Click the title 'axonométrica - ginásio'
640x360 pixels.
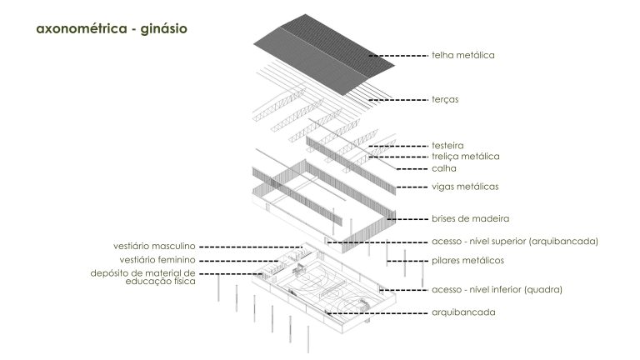click(x=112, y=29)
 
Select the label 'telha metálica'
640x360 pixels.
click(x=462, y=55)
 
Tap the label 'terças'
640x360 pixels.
click(x=445, y=100)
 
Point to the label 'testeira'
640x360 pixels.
click(x=447, y=145)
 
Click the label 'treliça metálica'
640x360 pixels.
click(x=465, y=157)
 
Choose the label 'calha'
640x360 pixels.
click(x=444, y=168)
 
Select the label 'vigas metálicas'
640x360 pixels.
click(x=465, y=187)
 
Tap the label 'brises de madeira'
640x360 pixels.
click(x=470, y=218)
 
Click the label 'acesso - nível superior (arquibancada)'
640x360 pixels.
click(x=515, y=241)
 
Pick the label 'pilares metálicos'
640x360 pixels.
click(x=467, y=260)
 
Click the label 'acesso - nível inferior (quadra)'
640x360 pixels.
click(x=497, y=289)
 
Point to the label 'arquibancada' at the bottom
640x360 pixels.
click(x=463, y=312)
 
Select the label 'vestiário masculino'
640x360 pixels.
click(x=154, y=246)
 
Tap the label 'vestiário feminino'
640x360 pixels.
click(x=157, y=260)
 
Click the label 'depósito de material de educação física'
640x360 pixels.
click(x=142, y=277)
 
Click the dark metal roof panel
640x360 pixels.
click(x=324, y=54)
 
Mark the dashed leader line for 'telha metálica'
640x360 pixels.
click(x=397, y=55)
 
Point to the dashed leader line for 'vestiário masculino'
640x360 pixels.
click(x=251, y=247)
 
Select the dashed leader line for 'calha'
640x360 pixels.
click(x=412, y=168)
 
